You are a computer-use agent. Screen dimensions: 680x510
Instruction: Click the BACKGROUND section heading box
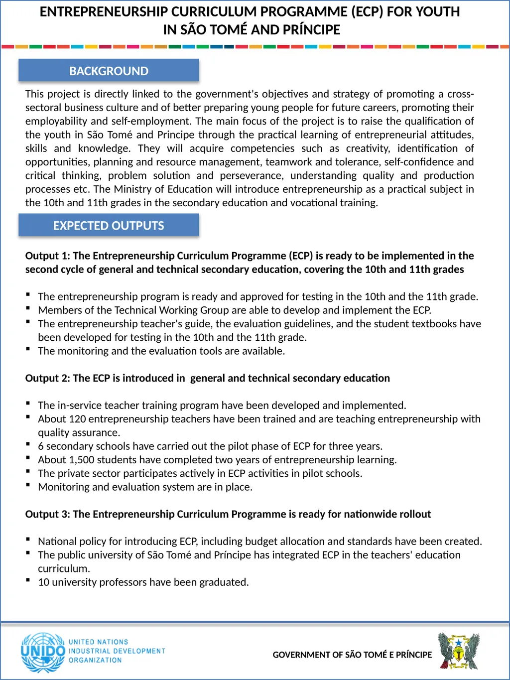(109, 71)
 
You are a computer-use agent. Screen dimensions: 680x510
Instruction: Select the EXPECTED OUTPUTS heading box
(109, 226)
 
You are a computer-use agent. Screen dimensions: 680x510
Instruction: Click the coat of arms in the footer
(459, 651)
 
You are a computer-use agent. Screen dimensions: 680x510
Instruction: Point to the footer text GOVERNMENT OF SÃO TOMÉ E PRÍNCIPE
(352, 655)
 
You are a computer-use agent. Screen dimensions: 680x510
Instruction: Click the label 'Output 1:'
(47, 256)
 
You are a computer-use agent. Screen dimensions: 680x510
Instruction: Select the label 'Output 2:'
(47, 379)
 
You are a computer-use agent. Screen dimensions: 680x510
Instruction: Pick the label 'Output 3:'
(47, 515)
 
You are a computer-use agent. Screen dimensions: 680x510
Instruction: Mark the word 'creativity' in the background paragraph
(366, 148)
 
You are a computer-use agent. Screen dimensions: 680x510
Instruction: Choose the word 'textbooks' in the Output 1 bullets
(434, 324)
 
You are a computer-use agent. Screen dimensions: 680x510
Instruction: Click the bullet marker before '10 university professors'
(28, 580)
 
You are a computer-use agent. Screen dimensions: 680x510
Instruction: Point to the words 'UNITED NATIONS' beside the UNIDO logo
(98, 642)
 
